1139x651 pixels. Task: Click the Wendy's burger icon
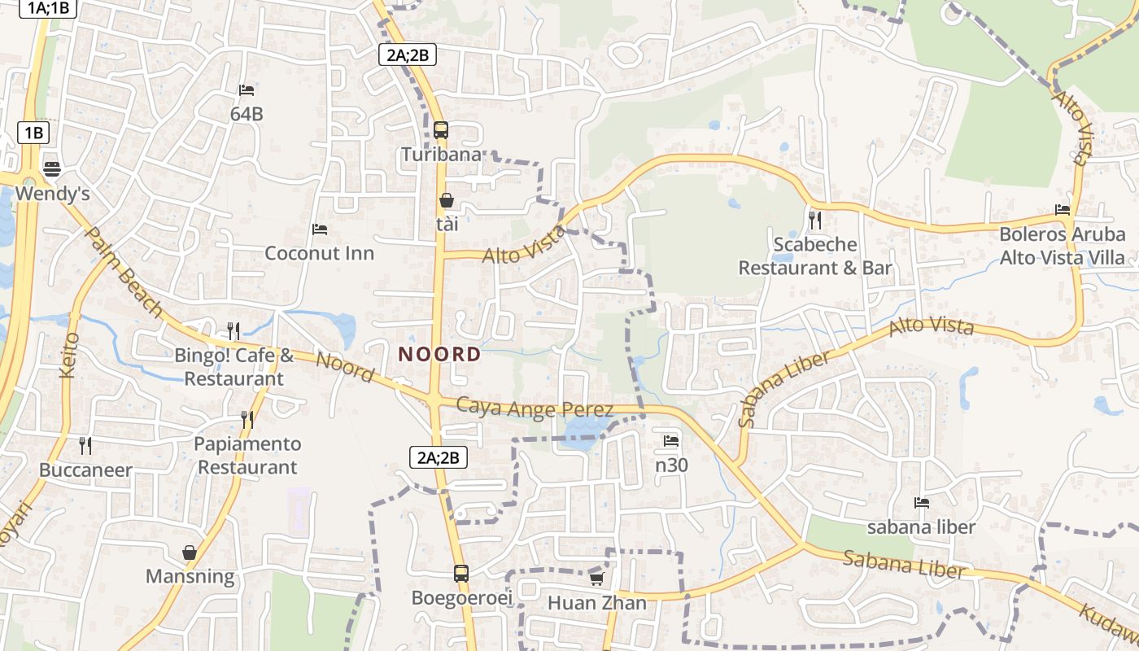pyautogui.click(x=52, y=168)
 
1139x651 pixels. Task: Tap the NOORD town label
pyautogui.click(x=439, y=355)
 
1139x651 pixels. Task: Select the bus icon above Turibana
pyautogui.click(x=441, y=129)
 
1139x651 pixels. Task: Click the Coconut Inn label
pyautogui.click(x=320, y=253)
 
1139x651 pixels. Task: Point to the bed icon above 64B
pyautogui.click(x=247, y=90)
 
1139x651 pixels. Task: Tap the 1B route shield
pyautogui.click(x=33, y=133)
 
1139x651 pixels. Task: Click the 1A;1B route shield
pyautogui.click(x=49, y=9)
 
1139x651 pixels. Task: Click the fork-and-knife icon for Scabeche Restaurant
pyautogui.click(x=814, y=220)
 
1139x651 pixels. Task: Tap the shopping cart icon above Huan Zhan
pyautogui.click(x=596, y=579)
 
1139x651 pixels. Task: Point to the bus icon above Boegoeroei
pyautogui.click(x=460, y=573)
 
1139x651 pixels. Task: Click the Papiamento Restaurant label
pyautogui.click(x=247, y=456)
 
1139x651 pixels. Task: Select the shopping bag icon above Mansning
pyautogui.click(x=190, y=553)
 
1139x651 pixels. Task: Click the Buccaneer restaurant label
pyautogui.click(x=85, y=470)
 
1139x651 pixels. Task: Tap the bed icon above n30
pyautogui.click(x=671, y=441)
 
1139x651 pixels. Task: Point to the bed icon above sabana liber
pyautogui.click(x=921, y=503)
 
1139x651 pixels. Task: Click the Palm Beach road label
pyautogui.click(x=124, y=272)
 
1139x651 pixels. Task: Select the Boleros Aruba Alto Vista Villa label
pyautogui.click(x=1062, y=246)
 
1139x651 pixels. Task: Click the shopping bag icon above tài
pyautogui.click(x=446, y=200)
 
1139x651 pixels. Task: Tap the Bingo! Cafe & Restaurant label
pyautogui.click(x=234, y=367)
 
